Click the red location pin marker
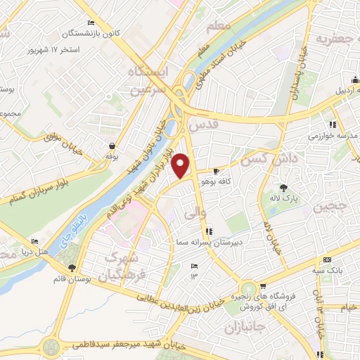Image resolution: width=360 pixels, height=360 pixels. [x=181, y=166]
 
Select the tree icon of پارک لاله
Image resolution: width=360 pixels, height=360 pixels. [x=283, y=187]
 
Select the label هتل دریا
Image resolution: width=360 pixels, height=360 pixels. [x=32, y=250]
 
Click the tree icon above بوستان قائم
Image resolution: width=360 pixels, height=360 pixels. [x=72, y=268]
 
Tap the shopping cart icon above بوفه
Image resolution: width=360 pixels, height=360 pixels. [x=112, y=146]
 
